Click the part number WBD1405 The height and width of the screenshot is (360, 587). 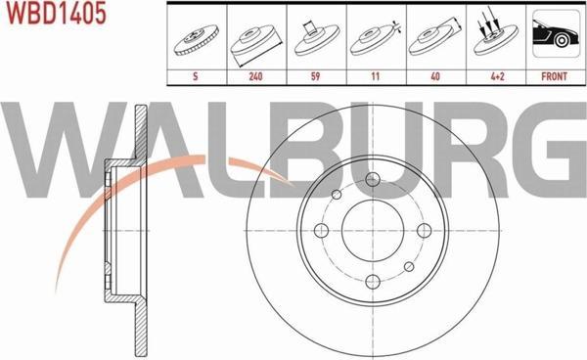click(57, 12)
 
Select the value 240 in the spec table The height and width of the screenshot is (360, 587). click(255, 76)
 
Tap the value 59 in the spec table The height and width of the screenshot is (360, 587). click(316, 76)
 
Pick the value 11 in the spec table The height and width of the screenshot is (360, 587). click(376, 76)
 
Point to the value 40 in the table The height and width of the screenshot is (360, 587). click(435, 76)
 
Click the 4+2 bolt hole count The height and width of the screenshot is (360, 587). click(497, 76)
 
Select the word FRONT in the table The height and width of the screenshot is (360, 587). click(554, 76)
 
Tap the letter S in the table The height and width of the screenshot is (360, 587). click(195, 76)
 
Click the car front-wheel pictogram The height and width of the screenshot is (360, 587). click(556, 33)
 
